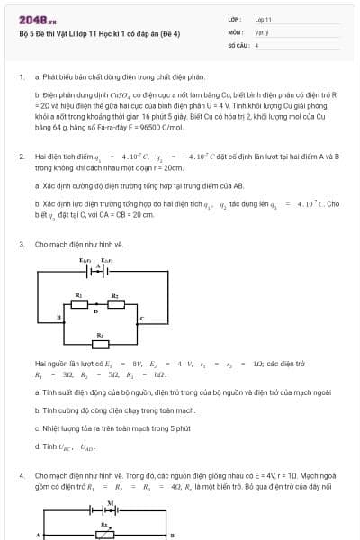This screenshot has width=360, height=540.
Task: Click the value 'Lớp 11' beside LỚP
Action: pyautogui.click(x=263, y=18)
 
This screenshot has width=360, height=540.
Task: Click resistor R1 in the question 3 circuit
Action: pyautogui.click(x=78, y=302)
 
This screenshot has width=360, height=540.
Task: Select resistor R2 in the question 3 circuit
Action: pyautogui.click(x=115, y=302)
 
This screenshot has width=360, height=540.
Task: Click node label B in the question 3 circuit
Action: pyautogui.click(x=59, y=319)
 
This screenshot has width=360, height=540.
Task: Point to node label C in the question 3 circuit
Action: pyautogui.click(x=141, y=319)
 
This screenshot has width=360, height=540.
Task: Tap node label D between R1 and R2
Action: pyautogui.click(x=97, y=310)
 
